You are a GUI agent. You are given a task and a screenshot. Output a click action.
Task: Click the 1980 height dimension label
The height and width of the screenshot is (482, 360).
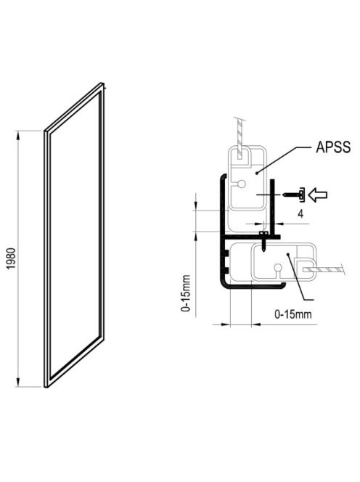pos(11,258)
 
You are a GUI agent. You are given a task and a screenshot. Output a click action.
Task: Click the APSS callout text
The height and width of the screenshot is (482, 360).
pos(333,147)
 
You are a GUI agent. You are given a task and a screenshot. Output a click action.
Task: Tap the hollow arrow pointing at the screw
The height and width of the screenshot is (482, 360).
pos(318,195)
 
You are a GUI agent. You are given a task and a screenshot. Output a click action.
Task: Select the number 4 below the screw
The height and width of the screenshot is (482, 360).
pos(300,213)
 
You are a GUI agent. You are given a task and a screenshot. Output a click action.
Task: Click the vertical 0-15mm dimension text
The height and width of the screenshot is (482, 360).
pos(186,293)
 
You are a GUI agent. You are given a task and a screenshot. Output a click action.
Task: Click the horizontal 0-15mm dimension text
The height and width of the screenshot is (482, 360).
pos(292,314)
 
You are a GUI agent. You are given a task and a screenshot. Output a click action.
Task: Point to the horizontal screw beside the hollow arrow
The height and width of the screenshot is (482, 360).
pos(294,195)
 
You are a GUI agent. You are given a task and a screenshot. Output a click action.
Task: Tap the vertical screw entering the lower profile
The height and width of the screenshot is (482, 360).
pos(263,241)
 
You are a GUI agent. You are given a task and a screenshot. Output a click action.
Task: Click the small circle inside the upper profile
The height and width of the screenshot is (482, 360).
pos(242,184)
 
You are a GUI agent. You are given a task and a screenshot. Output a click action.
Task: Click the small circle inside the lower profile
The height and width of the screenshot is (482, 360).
pos(278,267)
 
